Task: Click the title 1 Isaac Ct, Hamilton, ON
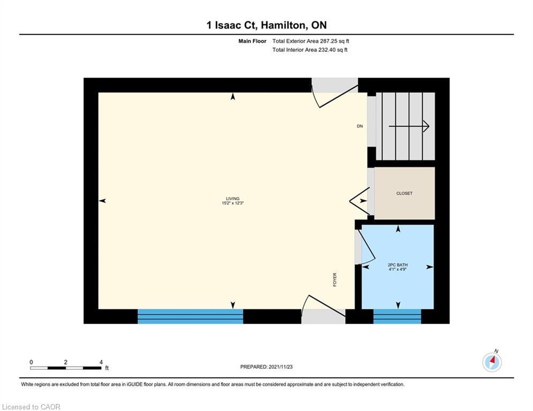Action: (x=266, y=25)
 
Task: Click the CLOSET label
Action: (x=404, y=193)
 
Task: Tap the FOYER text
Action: (x=335, y=279)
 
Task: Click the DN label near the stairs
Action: (x=360, y=127)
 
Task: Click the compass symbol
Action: (x=492, y=362)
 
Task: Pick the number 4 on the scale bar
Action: (x=101, y=362)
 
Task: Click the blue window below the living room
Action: (x=190, y=316)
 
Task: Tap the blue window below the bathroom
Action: (x=397, y=316)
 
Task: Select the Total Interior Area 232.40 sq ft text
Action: (x=310, y=50)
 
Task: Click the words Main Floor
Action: (x=252, y=41)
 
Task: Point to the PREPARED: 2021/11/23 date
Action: (x=266, y=367)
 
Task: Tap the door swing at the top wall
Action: (x=335, y=94)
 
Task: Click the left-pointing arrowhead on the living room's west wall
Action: (x=102, y=201)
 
